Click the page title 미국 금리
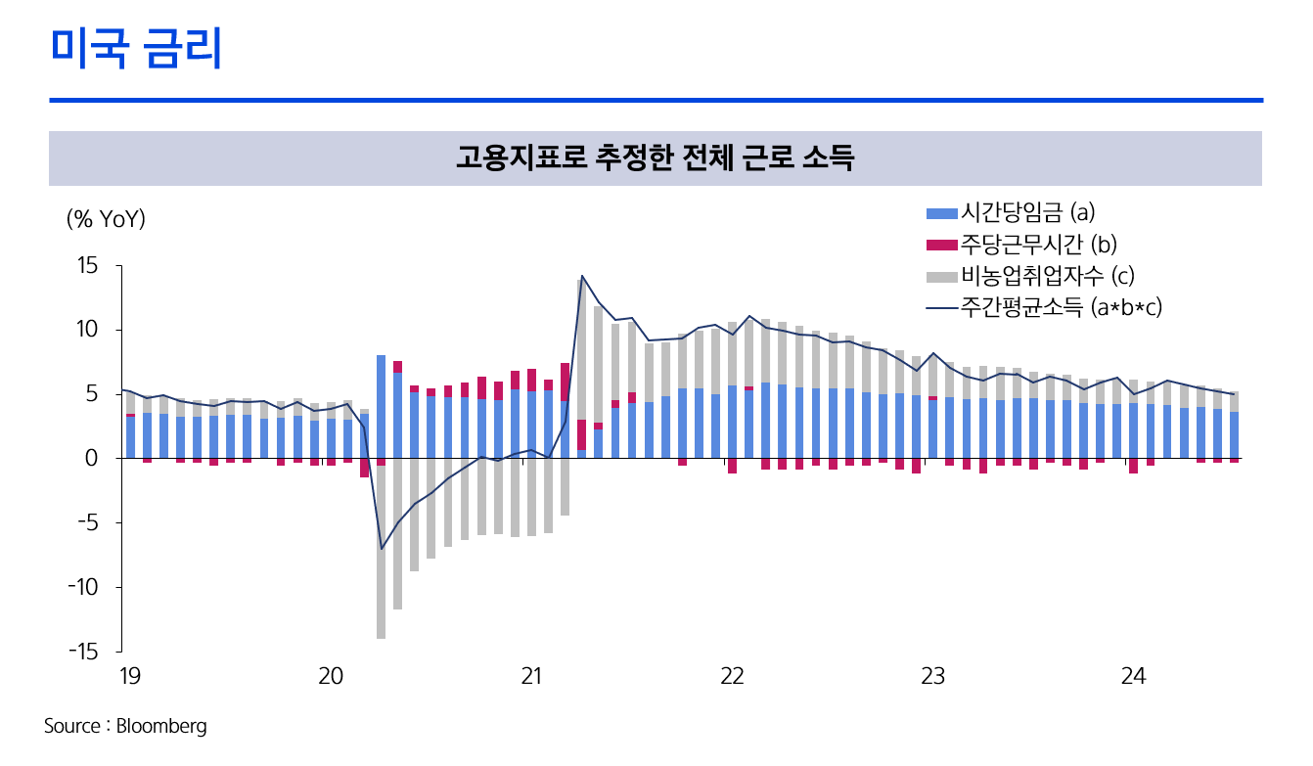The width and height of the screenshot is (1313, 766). (136, 49)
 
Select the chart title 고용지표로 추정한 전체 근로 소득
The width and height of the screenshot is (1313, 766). (655, 158)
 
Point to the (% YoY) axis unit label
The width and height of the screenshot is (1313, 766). (106, 219)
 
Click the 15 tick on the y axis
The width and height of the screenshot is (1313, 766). (88, 266)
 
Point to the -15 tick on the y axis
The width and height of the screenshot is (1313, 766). (84, 652)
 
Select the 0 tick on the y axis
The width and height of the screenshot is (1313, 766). (93, 459)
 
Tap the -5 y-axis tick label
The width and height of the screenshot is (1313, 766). (88, 523)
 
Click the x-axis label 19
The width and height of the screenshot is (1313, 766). (128, 676)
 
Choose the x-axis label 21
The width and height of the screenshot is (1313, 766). (530, 676)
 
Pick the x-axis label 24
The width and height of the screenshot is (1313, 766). (1133, 676)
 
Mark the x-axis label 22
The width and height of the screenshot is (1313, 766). (731, 676)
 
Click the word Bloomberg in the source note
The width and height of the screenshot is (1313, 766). (161, 727)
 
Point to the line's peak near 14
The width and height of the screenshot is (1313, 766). (582, 276)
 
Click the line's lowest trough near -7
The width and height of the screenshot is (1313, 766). (382, 549)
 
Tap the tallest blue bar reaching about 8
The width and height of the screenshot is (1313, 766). (381, 406)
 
